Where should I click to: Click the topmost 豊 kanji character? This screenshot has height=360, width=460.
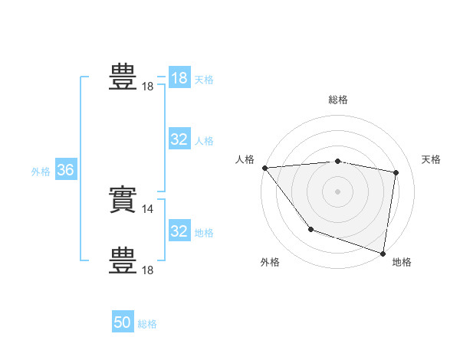coord(123,77)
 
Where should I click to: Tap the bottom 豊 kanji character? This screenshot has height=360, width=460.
coord(123,260)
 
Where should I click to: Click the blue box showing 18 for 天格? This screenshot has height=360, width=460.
coord(179,78)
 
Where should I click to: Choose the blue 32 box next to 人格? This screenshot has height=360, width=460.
coord(179,139)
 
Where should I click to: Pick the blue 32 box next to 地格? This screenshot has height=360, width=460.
coord(179,231)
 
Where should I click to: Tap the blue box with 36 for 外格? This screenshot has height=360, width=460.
coord(65,170)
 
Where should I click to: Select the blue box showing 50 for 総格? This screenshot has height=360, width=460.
coord(123,322)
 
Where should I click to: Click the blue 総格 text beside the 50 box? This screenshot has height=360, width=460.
coord(147,325)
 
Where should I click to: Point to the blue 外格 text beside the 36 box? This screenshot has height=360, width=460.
coord(41,172)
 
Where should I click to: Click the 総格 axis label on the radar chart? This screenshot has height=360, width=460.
coord(338,100)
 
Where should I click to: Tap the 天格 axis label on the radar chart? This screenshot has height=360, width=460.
coord(432,159)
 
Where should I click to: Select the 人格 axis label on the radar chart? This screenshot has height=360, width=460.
coord(245,159)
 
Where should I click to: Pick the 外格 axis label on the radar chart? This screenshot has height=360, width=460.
coord(270,262)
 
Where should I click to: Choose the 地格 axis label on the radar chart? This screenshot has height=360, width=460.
coord(402,262)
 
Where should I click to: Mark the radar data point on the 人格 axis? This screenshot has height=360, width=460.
coord(264,167)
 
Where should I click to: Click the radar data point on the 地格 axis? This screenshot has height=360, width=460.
coord(382,252)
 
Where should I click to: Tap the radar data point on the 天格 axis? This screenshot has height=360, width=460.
coord(396,172)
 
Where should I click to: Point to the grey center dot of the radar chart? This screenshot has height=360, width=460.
coord(338,191)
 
